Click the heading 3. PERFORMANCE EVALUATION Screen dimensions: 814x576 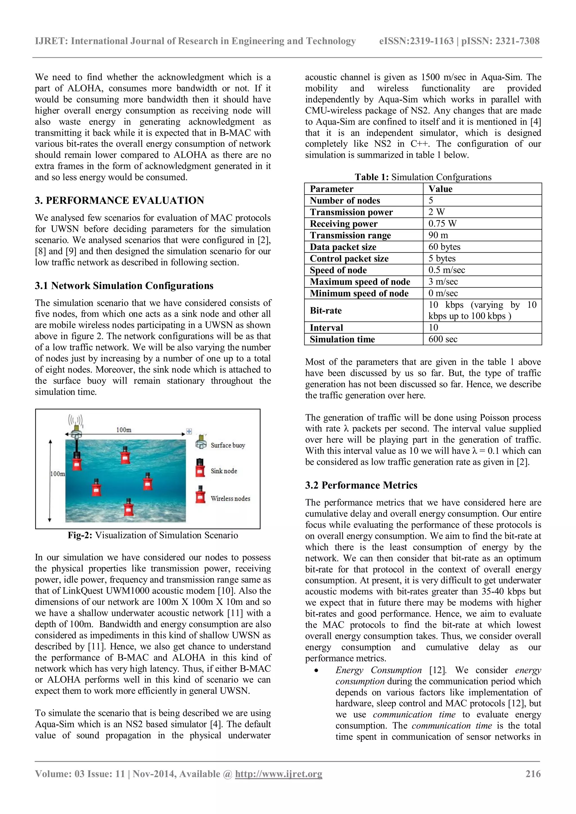(x=119, y=200)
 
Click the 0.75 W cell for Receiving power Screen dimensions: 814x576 (x=442, y=224)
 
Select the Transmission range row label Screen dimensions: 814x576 (x=350, y=236)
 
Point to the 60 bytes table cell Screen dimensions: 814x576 (x=444, y=247)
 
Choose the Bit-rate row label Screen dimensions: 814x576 (x=326, y=311)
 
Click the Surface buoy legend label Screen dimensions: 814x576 (x=228, y=445)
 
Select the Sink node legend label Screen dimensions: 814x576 (x=224, y=471)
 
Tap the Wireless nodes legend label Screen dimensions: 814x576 (x=230, y=498)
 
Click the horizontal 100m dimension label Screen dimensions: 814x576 (x=124, y=430)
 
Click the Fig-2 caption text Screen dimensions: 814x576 (x=153, y=535)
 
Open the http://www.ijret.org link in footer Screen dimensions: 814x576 (x=278, y=774)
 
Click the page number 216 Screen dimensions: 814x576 (x=533, y=774)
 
